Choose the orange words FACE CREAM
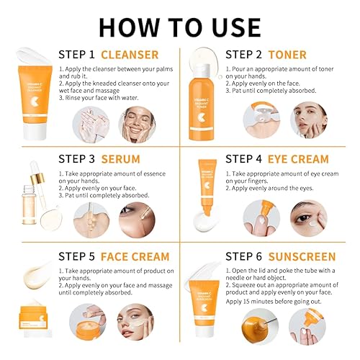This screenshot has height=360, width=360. tap(136, 257)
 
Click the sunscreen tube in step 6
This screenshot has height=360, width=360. tap(205, 310)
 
